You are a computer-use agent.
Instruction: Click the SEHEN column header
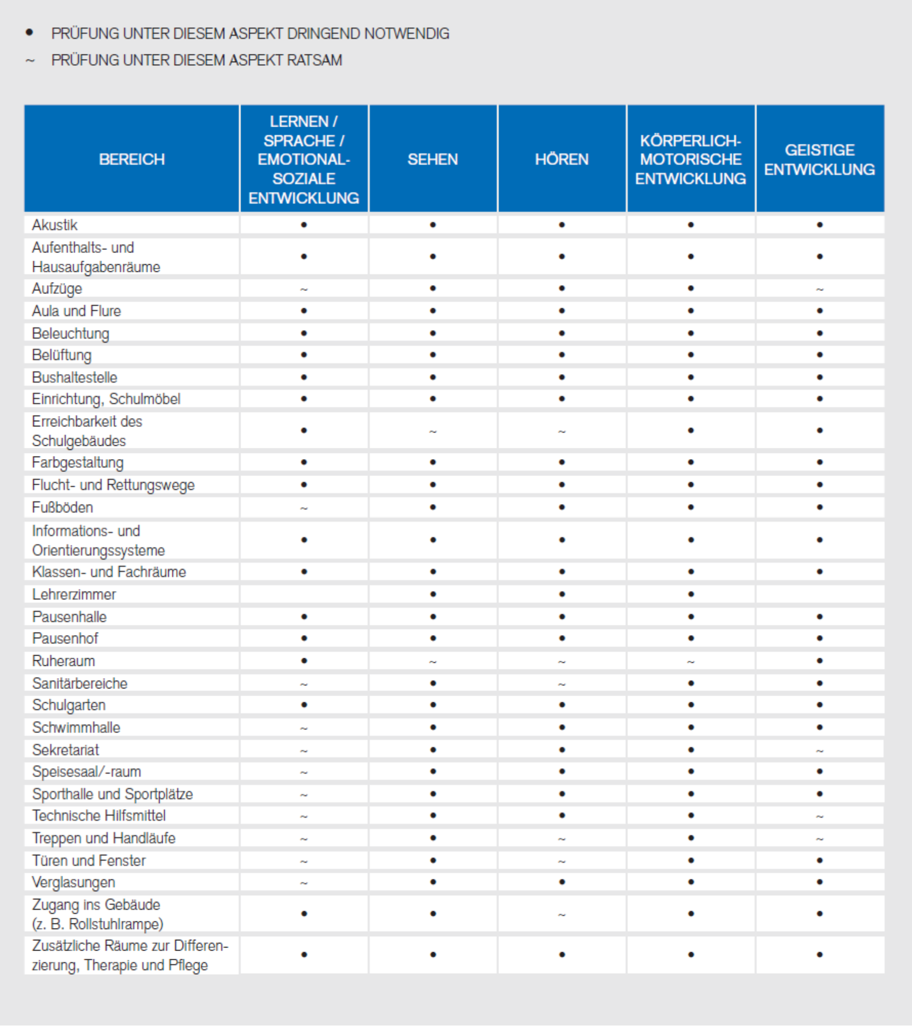point(432,160)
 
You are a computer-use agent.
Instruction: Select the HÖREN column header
point(562,160)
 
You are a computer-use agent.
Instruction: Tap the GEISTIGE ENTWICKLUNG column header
point(819,160)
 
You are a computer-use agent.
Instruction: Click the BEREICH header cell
point(132,160)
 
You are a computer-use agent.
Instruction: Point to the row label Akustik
point(54,225)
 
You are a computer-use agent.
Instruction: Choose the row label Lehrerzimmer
point(74,594)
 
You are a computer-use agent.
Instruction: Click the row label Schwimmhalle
point(76,727)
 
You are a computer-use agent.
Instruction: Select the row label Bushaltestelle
point(74,377)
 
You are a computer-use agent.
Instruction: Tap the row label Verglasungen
point(73,882)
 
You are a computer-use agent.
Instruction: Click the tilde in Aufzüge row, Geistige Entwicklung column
point(820,289)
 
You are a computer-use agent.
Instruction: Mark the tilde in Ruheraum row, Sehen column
point(433,662)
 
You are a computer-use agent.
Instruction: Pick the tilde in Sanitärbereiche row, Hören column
point(562,684)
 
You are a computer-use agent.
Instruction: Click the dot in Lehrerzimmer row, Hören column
point(562,594)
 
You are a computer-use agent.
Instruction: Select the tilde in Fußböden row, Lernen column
point(304,508)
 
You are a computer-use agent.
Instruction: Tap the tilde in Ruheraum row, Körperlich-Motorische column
point(691,662)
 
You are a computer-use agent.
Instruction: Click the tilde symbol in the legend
point(30,61)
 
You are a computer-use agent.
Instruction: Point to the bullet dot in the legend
point(30,33)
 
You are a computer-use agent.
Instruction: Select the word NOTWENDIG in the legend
point(406,33)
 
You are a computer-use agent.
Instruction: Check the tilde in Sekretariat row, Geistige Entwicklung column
point(820,751)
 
